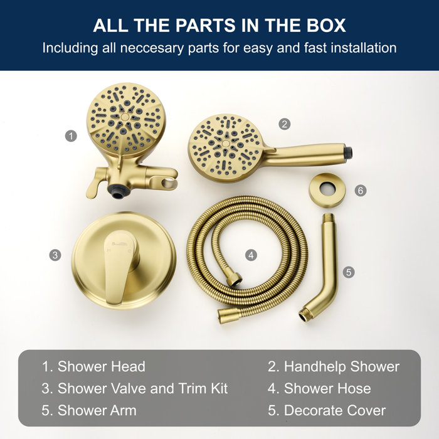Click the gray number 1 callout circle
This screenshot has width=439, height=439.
(x=71, y=135)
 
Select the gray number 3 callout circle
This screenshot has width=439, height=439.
(x=55, y=255)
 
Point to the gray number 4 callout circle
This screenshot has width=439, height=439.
(x=251, y=255)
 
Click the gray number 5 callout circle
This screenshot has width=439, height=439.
(x=349, y=272)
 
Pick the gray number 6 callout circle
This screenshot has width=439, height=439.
(x=360, y=190)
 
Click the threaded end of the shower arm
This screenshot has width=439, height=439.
(x=306, y=314)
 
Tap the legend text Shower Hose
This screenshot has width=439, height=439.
(x=327, y=388)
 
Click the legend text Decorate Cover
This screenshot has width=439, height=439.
(x=335, y=411)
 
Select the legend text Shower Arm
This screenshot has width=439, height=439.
(x=97, y=411)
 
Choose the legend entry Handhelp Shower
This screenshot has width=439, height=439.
(x=341, y=366)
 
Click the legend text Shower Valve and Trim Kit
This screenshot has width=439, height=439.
(x=142, y=388)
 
